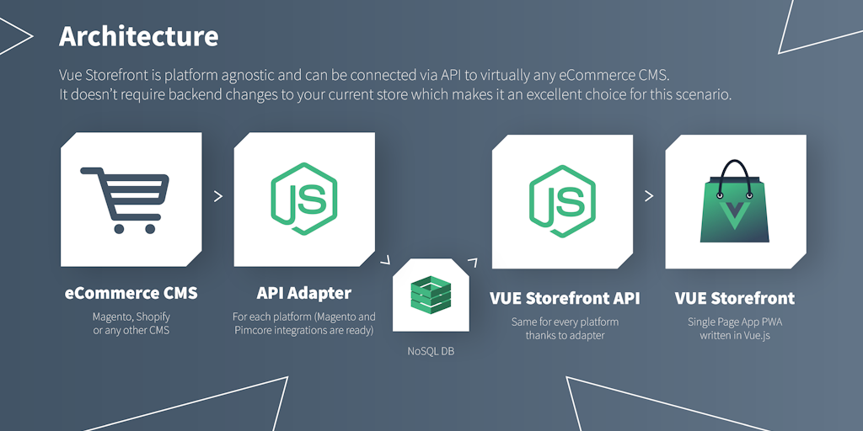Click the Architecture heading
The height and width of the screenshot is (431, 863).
138,36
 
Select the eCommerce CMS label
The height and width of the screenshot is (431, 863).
131,294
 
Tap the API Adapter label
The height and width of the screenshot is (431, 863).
303,294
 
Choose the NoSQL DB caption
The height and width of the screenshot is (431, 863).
430,350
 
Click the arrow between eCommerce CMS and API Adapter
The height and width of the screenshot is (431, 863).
218,196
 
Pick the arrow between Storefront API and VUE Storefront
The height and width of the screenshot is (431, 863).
649,196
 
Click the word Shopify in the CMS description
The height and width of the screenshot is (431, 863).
153,317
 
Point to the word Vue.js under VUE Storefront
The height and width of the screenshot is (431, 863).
753,335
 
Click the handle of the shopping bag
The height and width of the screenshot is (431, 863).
735,178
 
